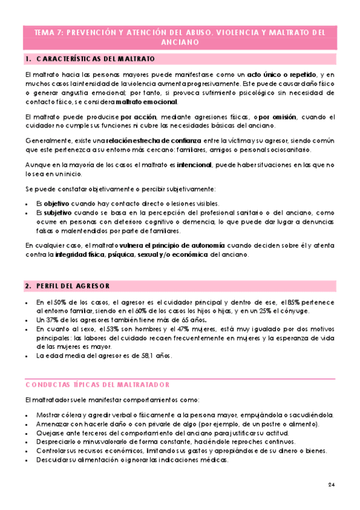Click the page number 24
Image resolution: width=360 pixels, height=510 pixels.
click(332, 485)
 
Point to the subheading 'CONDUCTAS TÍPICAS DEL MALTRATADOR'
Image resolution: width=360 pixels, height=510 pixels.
click(97, 384)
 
